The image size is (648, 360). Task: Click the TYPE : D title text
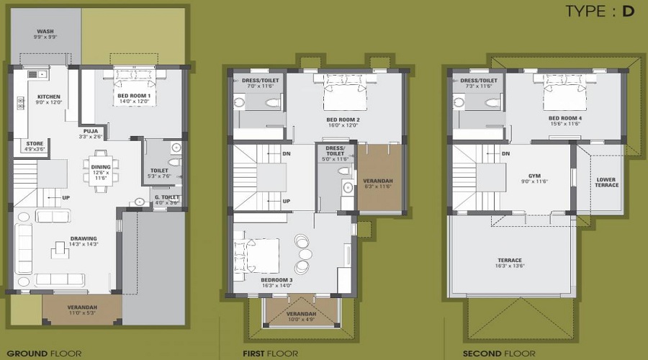(599, 12)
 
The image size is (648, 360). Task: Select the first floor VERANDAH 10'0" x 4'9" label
(302, 316)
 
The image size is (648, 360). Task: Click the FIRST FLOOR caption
(271, 354)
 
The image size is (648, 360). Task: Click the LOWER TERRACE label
(607, 182)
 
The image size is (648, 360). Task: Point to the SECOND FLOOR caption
(499, 354)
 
